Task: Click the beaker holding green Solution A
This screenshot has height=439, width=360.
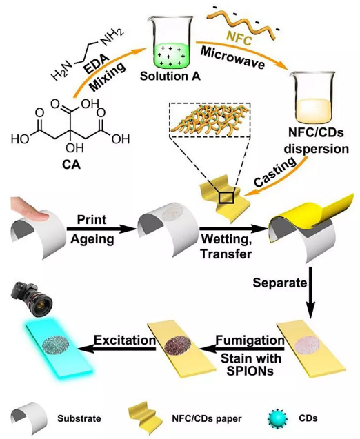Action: [170, 43]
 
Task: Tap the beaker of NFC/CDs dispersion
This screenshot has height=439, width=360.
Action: [312, 99]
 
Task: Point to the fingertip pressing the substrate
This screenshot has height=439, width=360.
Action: [30, 210]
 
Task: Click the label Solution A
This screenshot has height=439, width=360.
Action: [170, 76]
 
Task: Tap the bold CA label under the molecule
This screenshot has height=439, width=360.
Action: [71, 165]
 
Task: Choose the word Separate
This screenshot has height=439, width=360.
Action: [280, 283]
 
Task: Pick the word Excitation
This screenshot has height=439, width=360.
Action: [125, 340]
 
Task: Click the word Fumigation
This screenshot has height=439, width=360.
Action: [250, 340]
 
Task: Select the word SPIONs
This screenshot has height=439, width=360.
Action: [250, 371]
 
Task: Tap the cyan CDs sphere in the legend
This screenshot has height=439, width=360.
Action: [277, 418]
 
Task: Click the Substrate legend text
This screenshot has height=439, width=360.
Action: [79, 418]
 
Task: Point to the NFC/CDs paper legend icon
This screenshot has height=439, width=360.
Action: [146, 418]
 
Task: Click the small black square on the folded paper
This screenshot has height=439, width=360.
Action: [226, 198]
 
